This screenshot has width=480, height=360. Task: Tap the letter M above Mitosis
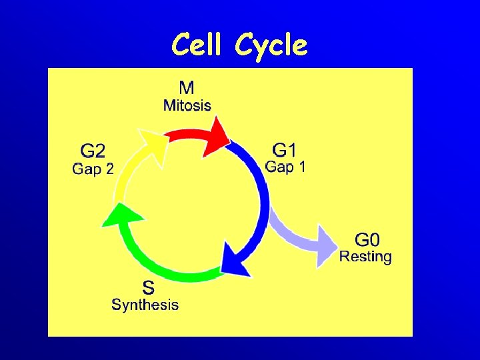click(187, 88)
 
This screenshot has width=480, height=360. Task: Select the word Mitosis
click(187, 105)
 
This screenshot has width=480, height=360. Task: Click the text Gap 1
click(286, 167)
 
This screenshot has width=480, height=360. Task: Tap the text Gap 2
click(93, 169)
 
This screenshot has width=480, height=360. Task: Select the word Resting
click(366, 256)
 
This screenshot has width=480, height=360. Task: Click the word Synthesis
click(145, 305)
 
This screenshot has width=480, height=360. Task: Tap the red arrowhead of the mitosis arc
click(217, 135)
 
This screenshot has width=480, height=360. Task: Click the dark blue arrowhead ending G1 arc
click(235, 263)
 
